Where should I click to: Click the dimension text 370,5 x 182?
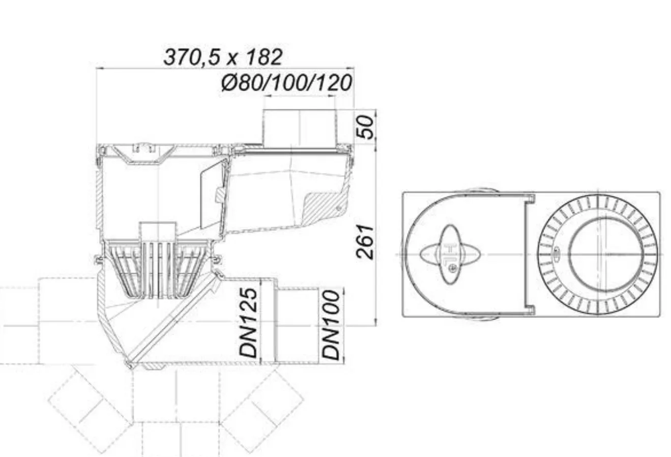223,57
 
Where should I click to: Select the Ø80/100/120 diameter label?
287,83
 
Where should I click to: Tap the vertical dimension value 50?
365,127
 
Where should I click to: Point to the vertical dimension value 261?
365,242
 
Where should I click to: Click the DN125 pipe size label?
249,323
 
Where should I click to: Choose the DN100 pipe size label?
331,325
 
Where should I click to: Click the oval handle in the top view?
450,254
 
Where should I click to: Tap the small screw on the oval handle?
453,269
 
